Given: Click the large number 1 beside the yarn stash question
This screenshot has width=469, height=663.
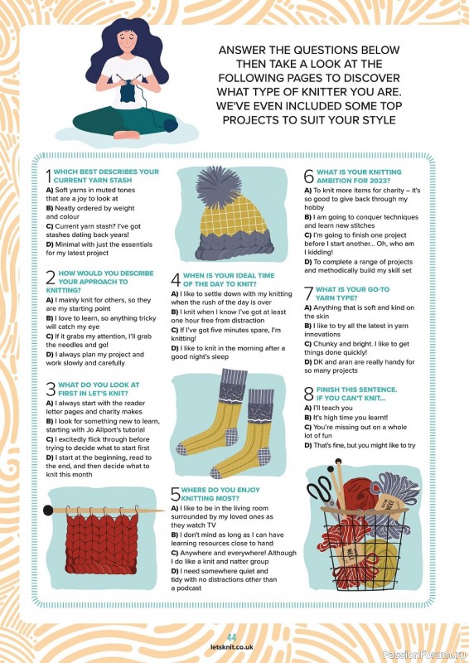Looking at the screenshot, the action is coord(49,176).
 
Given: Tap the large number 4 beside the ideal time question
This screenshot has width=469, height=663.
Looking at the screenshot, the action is coord(176,280).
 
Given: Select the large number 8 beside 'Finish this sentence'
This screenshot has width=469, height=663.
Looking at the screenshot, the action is coord(309,394).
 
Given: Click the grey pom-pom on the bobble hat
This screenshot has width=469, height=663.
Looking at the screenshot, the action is coord(219,186).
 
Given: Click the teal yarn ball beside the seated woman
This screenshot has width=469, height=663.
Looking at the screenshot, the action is coord(171,126).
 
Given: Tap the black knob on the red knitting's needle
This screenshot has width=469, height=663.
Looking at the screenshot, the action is coord(48,510).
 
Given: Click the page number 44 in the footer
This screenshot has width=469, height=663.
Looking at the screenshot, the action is coord(231,637).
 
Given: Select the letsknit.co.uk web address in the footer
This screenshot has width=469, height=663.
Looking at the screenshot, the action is coord(232,647).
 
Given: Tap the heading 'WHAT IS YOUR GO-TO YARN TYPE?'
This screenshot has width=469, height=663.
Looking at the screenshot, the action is coord(352,293).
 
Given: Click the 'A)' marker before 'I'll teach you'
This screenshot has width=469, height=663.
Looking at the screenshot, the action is coord(308,408).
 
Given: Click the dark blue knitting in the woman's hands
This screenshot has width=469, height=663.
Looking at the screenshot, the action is coord(128,92).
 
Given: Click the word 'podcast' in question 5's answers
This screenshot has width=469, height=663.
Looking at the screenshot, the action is coord(189,588).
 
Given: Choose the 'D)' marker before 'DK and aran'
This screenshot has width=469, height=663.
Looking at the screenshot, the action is coord(308,362).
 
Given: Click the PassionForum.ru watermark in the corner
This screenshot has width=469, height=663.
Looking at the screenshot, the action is coord(424,655).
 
